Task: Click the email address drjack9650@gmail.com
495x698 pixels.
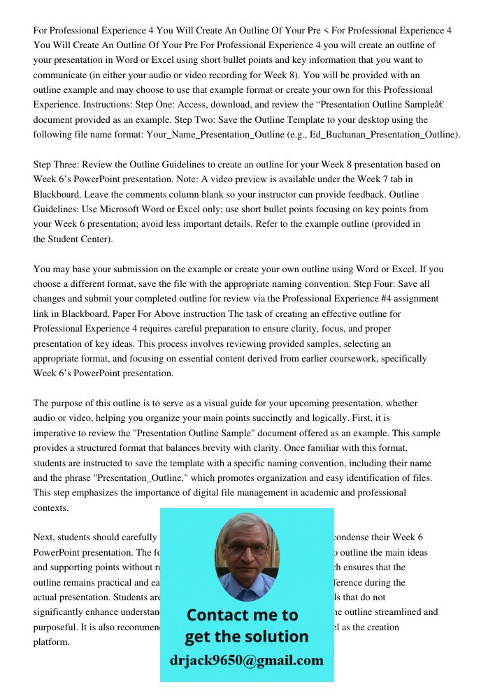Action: (x=246, y=660)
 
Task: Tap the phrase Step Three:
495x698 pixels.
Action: (x=56, y=165)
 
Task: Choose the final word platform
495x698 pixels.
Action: (x=51, y=641)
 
